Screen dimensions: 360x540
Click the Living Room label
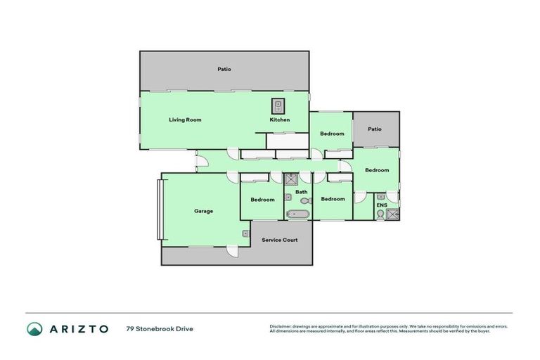pyautogui.click(x=185, y=120)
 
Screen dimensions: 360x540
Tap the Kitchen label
pyautogui.click(x=279, y=120)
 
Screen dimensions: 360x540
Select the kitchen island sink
pyautogui.click(x=278, y=105)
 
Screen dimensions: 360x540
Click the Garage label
pyautogui.click(x=203, y=211)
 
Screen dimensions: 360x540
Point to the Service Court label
pyautogui.click(x=279, y=240)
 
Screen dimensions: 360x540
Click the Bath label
pyautogui.click(x=301, y=192)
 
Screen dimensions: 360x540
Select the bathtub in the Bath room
pyautogui.click(x=297, y=213)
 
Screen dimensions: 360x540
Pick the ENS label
pyautogui.click(x=381, y=205)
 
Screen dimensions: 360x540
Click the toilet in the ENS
pyautogui.click(x=380, y=214)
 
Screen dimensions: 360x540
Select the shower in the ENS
pyautogui.click(x=392, y=214)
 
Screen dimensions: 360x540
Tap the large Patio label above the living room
pyautogui.click(x=224, y=70)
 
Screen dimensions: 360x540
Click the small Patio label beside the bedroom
pyautogui.click(x=375, y=129)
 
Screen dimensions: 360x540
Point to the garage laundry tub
pyautogui.click(x=245, y=233)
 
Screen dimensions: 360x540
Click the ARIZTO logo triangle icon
pyautogui.click(x=34, y=328)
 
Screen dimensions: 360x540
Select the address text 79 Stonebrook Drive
pyautogui.click(x=160, y=328)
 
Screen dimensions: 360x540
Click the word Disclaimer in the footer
pyautogui.click(x=281, y=326)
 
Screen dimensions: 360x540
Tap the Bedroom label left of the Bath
pyautogui.click(x=262, y=199)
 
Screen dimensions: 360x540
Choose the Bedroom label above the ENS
pyautogui.click(x=377, y=169)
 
